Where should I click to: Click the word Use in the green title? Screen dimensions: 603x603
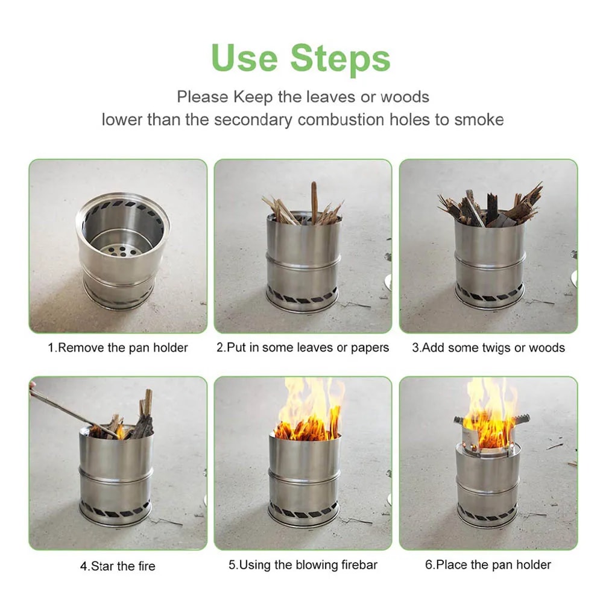(x=244, y=58)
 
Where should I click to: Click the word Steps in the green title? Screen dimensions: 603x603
(x=341, y=58)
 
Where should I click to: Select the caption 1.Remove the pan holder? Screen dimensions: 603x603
(x=118, y=348)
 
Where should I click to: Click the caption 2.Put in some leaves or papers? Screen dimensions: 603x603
(x=303, y=348)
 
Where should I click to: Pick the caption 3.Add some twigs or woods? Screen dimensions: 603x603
(x=488, y=348)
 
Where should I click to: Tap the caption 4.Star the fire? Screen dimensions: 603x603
(x=118, y=566)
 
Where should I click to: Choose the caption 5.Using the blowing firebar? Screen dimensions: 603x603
(x=303, y=565)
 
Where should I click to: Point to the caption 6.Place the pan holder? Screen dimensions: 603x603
(x=488, y=565)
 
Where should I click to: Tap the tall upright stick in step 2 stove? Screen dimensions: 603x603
(x=314, y=202)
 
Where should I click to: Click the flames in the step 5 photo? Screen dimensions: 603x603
(x=309, y=410)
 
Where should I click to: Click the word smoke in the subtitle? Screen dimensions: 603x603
(x=479, y=119)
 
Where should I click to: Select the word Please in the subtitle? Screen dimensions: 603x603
(x=203, y=96)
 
